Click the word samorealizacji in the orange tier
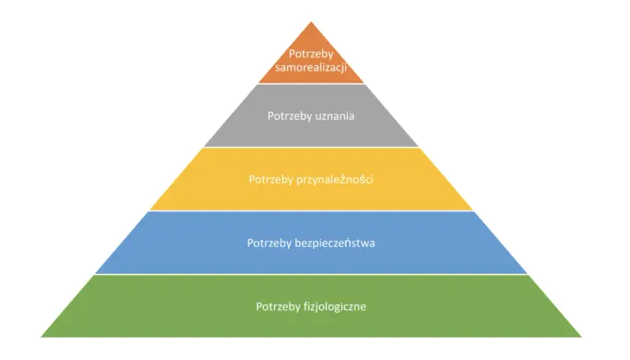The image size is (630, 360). [x=311, y=67]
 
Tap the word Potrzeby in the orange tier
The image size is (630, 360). [x=311, y=54]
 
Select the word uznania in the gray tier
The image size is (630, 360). [x=336, y=116]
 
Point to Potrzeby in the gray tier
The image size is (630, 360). [x=290, y=116]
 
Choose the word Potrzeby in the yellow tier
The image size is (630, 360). [x=271, y=179]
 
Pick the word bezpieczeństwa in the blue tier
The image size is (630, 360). [x=334, y=243]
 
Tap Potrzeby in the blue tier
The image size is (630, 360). [x=269, y=243]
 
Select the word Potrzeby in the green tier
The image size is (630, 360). [x=278, y=307]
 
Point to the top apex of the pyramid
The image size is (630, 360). [x=311, y=22]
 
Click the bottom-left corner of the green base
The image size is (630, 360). [x=40, y=337]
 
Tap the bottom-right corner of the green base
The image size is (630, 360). [x=581, y=337]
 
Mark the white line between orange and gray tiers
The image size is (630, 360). [x=311, y=83]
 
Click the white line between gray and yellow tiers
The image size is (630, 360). [x=311, y=147]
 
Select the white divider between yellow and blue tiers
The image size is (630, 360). [x=311, y=211]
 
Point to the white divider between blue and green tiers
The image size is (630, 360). [x=311, y=274]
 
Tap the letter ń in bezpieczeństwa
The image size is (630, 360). [x=351, y=243]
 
